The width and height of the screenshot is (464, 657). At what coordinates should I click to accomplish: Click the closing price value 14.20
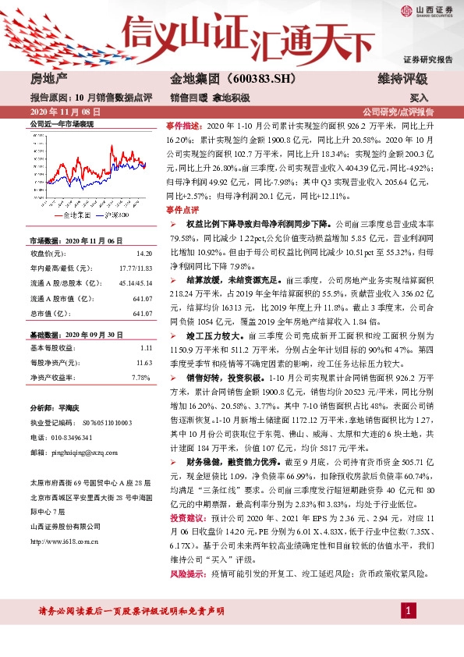coord(143,254)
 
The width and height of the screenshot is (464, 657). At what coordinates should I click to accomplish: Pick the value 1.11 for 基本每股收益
coord(146,346)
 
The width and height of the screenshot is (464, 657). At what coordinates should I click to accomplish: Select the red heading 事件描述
coord(182,126)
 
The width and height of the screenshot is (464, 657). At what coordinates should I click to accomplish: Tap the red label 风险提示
coord(182,574)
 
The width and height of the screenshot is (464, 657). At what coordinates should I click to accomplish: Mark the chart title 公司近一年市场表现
coord(62,124)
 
